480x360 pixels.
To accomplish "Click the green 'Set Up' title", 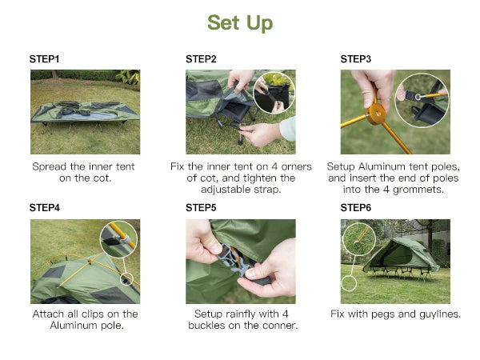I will [240, 22].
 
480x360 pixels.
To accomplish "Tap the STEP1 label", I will [45, 58].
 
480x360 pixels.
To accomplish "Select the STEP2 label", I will [201, 58].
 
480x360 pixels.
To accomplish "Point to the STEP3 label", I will [356, 58].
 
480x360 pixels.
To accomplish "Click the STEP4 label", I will [45, 207].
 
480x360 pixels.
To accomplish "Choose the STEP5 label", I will [201, 207].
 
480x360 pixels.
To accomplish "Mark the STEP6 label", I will [356, 207].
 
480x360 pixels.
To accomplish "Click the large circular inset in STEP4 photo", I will [118, 238].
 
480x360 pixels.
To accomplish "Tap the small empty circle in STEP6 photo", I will [348, 283].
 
